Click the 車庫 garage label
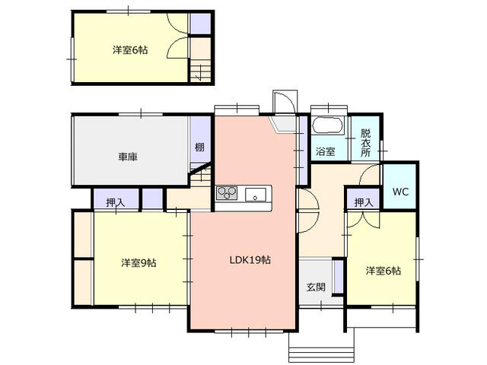pyautogui.click(x=128, y=157)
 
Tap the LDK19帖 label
pyautogui.click(x=250, y=260)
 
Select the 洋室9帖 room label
pyautogui.click(x=138, y=263)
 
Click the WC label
pyautogui.click(x=400, y=192)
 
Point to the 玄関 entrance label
pyautogui.click(x=316, y=287)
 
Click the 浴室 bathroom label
pyautogui.click(x=325, y=151)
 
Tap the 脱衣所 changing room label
pyautogui.click(x=365, y=143)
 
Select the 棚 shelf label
pyautogui.click(x=199, y=147)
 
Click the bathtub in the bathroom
pyautogui.click(x=328, y=125)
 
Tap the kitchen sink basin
pyautogui.click(x=256, y=195)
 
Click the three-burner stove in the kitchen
pyautogui.click(x=227, y=193)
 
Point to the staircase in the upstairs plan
pyautogui.click(x=200, y=71)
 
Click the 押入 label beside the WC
pyautogui.click(x=364, y=203)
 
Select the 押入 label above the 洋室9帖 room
pyautogui.click(x=116, y=203)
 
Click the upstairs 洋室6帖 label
pyautogui.click(x=130, y=50)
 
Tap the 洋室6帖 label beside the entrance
pyautogui.click(x=384, y=271)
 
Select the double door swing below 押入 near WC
pyautogui.click(x=363, y=220)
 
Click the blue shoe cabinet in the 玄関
pyautogui.click(x=338, y=276)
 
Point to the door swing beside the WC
pyautogui.click(x=369, y=175)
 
